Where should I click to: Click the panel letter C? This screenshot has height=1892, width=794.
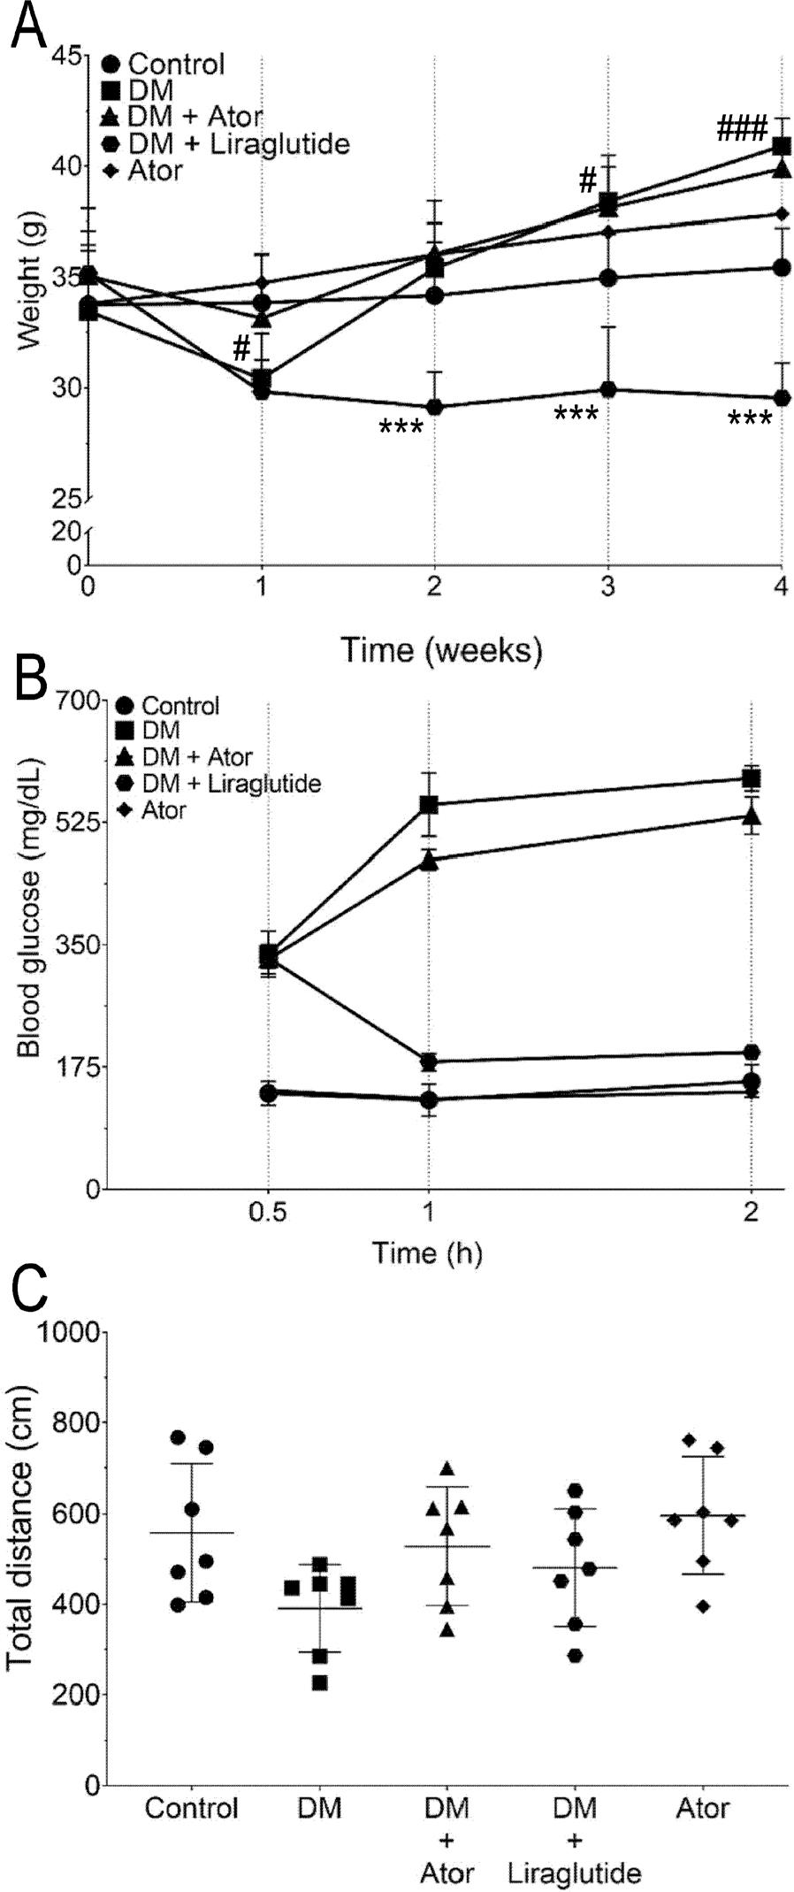pyautogui.click(x=28, y=1294)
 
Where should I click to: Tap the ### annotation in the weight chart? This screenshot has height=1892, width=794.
pyautogui.click(x=741, y=131)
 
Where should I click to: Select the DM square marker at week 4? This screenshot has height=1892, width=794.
pyautogui.click(x=782, y=146)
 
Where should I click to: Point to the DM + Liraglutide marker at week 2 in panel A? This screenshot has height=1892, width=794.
pyautogui.click(x=434, y=407)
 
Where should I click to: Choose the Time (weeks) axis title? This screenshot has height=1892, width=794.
pyautogui.click(x=442, y=650)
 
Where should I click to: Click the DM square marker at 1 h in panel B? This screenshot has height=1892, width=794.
pyautogui.click(x=430, y=804)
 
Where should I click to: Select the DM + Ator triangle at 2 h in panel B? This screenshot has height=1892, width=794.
pyautogui.click(x=752, y=816)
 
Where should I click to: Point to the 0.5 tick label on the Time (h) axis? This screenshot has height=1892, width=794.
pyautogui.click(x=268, y=1210)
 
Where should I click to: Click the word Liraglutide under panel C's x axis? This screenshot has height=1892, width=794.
pyautogui.click(x=575, y=1873)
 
